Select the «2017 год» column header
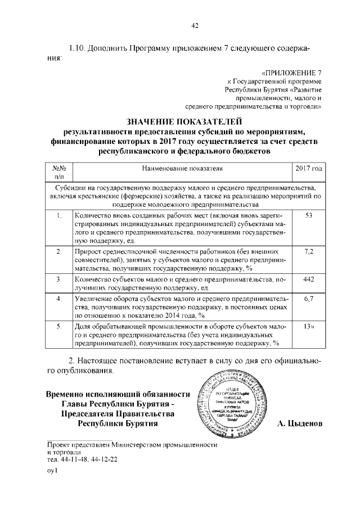[308, 168]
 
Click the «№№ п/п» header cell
[60, 173]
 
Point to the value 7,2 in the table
[308, 250]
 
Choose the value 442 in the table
[308, 280]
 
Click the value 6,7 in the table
[308, 299]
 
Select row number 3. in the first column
[60, 280]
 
